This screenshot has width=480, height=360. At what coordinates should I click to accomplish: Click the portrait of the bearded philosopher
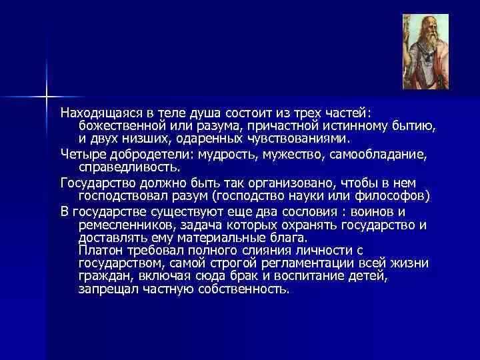tap(425, 51)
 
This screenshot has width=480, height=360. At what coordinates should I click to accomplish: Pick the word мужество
tap(293, 155)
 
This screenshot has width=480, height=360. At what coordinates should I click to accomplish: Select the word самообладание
tap(375, 155)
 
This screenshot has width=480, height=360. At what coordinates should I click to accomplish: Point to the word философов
tap(396, 196)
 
